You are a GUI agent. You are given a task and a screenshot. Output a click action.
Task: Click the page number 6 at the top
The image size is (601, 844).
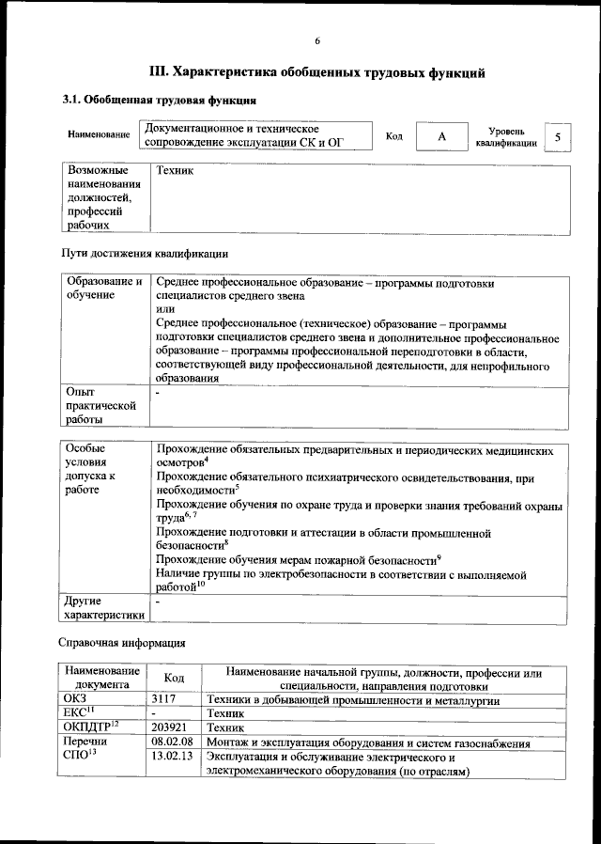coord(317,40)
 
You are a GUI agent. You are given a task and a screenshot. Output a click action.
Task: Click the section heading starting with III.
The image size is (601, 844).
coord(318,71)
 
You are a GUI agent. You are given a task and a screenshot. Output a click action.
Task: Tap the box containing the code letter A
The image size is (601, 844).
coord(440,137)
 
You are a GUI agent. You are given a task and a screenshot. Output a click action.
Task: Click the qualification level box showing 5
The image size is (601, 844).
coord(558,137)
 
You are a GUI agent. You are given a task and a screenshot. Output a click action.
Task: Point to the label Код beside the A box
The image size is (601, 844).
coord(394,137)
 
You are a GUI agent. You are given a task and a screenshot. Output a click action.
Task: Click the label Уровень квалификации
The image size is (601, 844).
coord(505,137)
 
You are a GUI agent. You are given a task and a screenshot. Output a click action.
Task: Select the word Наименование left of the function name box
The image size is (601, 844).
coord(98,135)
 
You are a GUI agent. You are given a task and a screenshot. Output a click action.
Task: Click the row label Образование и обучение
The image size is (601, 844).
coord(103,289)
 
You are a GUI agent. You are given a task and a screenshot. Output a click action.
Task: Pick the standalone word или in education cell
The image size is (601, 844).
coord(165,309)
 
